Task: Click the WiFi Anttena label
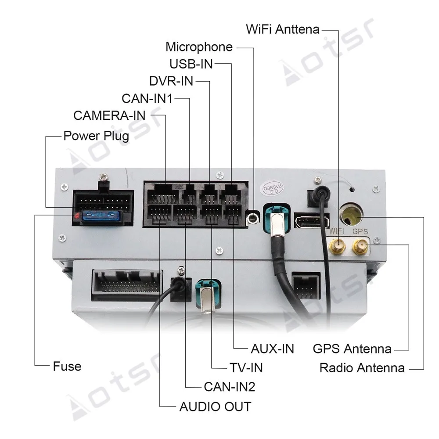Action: coord(283,30)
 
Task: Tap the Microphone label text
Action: coord(199,47)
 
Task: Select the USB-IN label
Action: coord(191,64)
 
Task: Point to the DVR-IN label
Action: coord(171,81)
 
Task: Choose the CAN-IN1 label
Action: coord(147,98)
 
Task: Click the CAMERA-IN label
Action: coord(109,115)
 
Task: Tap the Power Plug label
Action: coord(96,136)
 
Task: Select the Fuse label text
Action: coord(67,366)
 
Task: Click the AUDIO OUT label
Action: coord(215,407)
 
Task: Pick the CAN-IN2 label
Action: coord(229,387)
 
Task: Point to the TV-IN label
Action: coord(246,367)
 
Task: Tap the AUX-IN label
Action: coord(272,349)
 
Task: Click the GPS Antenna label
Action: coord(352,349)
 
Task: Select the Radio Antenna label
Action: coord(362,367)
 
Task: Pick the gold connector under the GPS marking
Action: coord(360,246)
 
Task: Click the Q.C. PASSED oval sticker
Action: coord(270,190)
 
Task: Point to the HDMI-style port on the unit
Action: coord(312,220)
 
